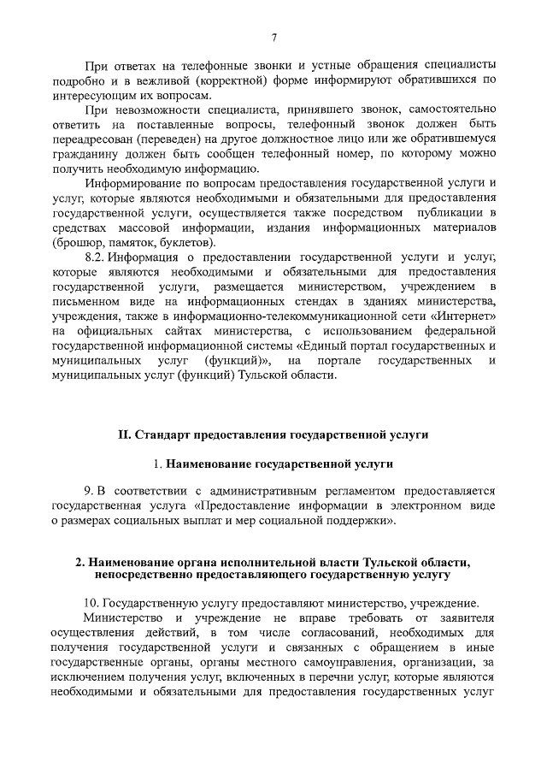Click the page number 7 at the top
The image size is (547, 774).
pyautogui.click(x=273, y=37)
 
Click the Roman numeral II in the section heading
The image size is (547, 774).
pyautogui.click(x=124, y=434)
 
